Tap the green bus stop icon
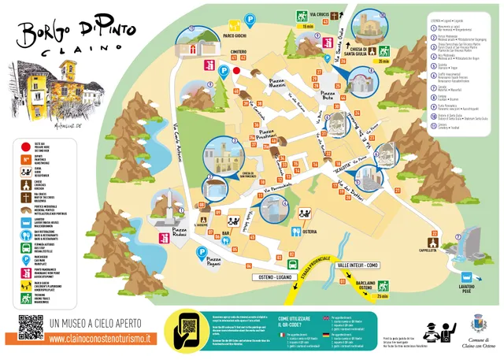292,266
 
